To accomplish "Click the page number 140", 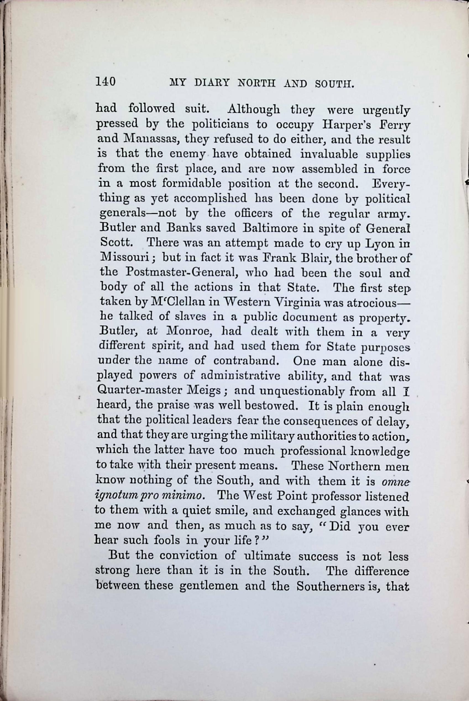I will (105, 81).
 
